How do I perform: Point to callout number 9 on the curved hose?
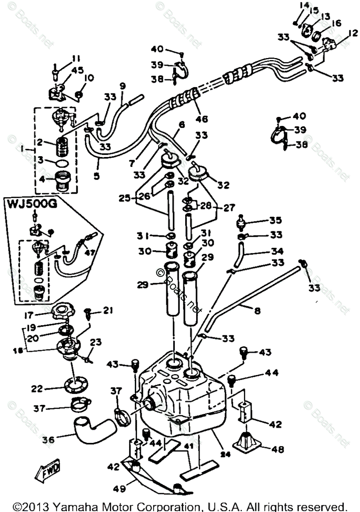(123, 86)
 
